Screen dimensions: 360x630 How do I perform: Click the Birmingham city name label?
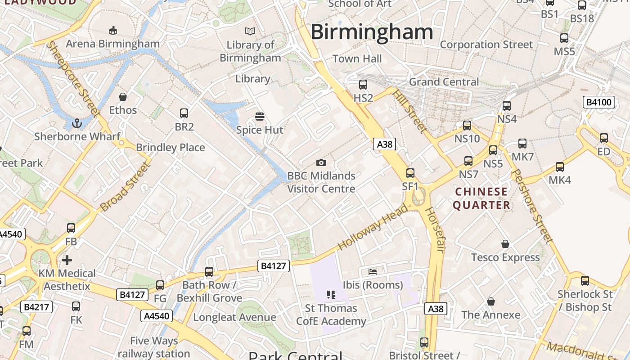click(x=372, y=32)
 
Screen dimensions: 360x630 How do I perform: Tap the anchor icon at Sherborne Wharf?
click(x=77, y=123)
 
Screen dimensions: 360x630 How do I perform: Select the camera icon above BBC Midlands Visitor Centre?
click(x=321, y=162)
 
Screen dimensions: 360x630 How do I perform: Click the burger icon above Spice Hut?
click(x=259, y=117)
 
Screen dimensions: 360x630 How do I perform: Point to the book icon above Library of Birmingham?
click(x=250, y=31)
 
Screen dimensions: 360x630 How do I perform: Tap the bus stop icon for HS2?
click(x=363, y=84)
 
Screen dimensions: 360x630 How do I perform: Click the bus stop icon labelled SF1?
click(x=410, y=173)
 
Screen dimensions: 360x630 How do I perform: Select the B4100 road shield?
click(x=598, y=102)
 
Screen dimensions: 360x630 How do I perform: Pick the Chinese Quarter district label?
click(x=481, y=198)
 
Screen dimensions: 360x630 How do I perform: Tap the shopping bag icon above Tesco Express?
click(x=505, y=244)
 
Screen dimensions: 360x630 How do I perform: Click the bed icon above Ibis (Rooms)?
click(x=373, y=271)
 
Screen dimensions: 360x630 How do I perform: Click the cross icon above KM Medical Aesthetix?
click(x=67, y=260)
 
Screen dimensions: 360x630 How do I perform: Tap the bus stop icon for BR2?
click(x=184, y=113)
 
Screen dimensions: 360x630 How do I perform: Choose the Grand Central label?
click(x=444, y=82)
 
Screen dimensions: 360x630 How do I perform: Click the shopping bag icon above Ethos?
click(x=122, y=97)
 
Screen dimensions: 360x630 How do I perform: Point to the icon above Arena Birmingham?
click(x=113, y=30)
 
